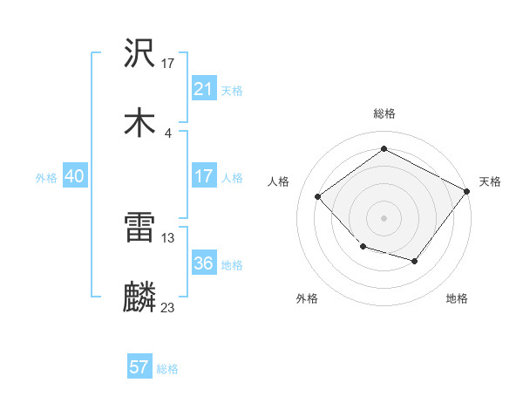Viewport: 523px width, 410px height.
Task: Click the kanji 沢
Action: (140, 54)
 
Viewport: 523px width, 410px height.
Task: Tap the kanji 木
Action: (140, 123)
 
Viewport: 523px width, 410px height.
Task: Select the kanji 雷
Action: (140, 230)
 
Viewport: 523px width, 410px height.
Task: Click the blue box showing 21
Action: (204, 89)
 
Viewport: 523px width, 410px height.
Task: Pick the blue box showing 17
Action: (204, 176)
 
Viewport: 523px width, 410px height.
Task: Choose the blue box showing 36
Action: (204, 263)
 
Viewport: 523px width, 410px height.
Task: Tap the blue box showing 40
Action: (75, 176)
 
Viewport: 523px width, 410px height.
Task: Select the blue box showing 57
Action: (139, 367)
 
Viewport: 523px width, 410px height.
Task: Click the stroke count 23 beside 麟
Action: (168, 307)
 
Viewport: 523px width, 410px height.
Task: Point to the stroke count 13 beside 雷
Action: (168, 237)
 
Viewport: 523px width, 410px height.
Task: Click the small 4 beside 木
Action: (167, 132)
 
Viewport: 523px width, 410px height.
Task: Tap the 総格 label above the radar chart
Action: (384, 113)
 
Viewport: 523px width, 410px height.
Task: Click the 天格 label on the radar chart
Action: (490, 181)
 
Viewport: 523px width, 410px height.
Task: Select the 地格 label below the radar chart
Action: (457, 298)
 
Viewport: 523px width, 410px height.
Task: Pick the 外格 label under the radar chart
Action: (307, 298)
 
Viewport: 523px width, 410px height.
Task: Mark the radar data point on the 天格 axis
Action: (468, 190)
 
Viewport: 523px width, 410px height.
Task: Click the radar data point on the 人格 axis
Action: (318, 197)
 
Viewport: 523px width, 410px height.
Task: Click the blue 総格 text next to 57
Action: (167, 368)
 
